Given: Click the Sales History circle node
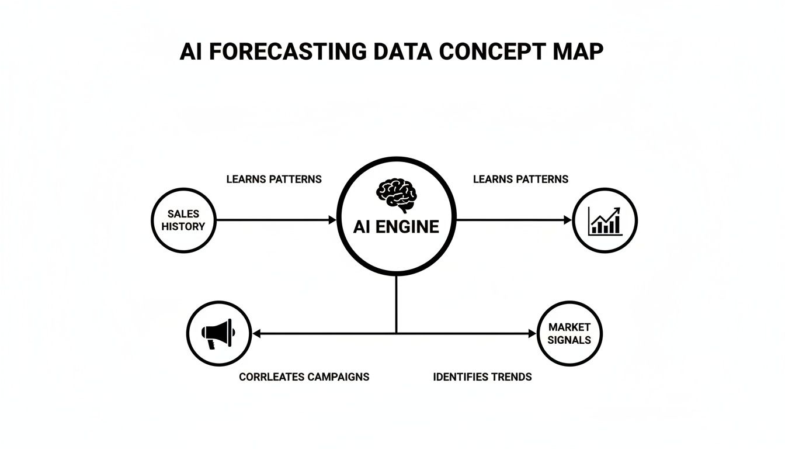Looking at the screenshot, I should [183, 220].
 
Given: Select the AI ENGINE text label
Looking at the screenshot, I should [396, 227].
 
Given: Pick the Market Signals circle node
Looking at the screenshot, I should [569, 333].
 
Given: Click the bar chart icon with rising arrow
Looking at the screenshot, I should [605, 221].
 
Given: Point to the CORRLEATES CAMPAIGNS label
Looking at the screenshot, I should [304, 377].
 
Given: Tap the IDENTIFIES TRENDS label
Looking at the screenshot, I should [482, 377].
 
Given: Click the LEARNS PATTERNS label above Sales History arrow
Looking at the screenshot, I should [273, 179].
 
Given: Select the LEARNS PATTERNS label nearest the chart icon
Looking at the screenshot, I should [520, 179].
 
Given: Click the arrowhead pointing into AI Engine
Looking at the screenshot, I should [332, 220].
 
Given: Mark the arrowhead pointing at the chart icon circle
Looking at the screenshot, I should [568, 220].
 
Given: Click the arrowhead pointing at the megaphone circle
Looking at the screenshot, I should [256, 334].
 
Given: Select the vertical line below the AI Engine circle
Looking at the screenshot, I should [396, 304].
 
